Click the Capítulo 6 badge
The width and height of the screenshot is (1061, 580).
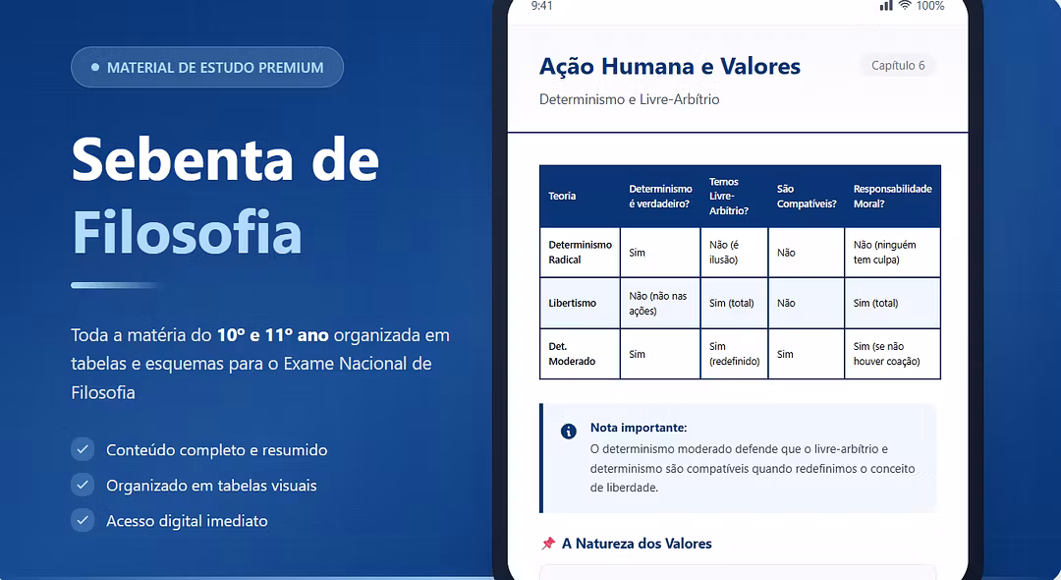[897, 66]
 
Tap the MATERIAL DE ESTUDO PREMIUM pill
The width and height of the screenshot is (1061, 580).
[207, 67]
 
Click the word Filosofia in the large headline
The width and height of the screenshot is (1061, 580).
[187, 232]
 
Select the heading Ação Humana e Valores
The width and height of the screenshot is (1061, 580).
[669, 66]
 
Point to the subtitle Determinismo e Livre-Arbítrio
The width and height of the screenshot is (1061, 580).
[630, 99]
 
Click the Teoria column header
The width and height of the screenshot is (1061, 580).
[562, 197]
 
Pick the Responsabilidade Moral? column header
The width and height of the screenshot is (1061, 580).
[892, 197]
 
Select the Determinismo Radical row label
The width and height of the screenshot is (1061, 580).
[580, 253]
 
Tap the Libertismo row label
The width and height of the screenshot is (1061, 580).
[573, 303]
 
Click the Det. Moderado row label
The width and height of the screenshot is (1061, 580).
[572, 354]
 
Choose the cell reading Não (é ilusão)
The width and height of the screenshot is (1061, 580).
[724, 253]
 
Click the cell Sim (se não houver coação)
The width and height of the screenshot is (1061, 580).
[886, 354]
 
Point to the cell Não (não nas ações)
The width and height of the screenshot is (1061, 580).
[657, 303]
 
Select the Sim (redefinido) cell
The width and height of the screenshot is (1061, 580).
[734, 354]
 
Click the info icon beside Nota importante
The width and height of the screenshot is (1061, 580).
[569, 432]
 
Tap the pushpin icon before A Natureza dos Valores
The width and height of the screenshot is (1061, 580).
[548, 544]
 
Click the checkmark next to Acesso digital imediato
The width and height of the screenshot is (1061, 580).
[83, 520]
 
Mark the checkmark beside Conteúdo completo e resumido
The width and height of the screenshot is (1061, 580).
[83, 449]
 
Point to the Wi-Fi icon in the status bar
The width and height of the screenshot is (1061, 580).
[905, 6]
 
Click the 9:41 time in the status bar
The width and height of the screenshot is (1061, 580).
[542, 6]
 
